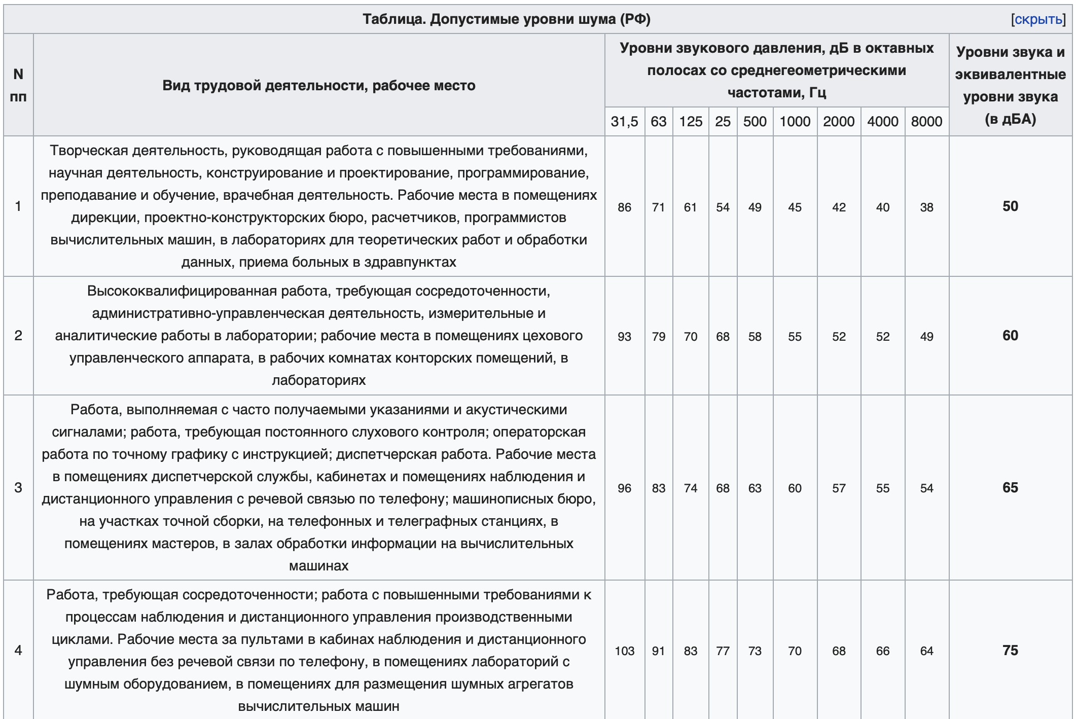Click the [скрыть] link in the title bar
[1038, 19]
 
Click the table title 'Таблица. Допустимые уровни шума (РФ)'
[506, 19]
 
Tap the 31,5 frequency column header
[624, 122]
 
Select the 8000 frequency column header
[926, 122]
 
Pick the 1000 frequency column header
[795, 122]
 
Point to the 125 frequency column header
[691, 122]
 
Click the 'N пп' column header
[18, 85]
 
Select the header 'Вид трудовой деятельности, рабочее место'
[319, 85]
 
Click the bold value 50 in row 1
[1010, 206]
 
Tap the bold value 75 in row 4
[1010, 651]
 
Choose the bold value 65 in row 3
[1010, 488]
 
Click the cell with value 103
[624, 651]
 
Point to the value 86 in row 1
[624, 207]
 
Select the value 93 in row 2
[624, 337]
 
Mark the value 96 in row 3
[624, 488]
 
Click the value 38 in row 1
[926, 207]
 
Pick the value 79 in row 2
[658, 337]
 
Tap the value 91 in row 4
[658, 651]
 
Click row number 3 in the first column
[18, 488]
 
